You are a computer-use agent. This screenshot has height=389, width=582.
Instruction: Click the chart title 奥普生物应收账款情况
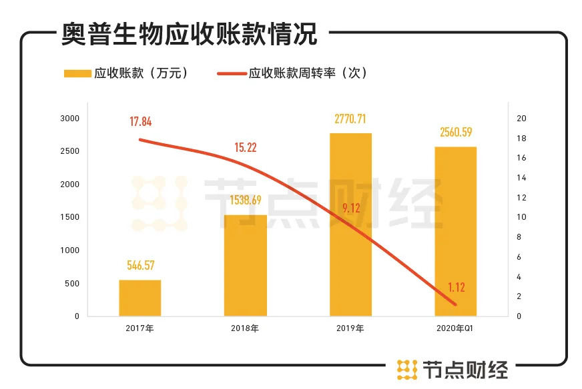190,33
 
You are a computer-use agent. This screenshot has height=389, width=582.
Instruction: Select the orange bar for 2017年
140,298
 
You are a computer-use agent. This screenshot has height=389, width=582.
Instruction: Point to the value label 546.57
140,266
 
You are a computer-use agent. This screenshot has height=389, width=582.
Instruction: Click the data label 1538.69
245,200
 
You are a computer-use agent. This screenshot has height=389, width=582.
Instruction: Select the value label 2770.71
350,119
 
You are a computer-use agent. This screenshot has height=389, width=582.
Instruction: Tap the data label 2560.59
456,133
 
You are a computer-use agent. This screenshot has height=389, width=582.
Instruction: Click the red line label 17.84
140,121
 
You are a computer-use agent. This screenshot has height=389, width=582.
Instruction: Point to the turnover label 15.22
246,147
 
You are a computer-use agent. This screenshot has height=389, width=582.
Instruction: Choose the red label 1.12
456,288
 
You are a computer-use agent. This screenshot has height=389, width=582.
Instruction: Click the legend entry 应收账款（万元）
127,73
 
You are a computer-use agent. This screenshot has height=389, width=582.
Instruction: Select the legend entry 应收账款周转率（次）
294,73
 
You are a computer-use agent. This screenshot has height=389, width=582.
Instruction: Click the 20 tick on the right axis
522,119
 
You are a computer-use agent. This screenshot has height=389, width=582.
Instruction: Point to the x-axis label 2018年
245,328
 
